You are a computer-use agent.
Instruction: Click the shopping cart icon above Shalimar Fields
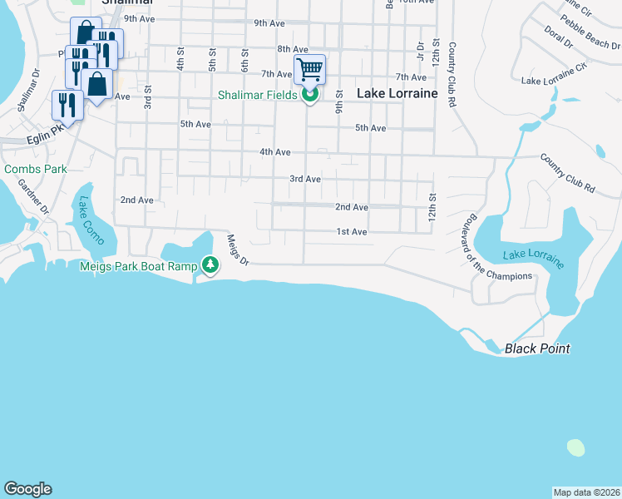pyautogui.click(x=309, y=69)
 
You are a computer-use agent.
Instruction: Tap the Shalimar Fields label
pyautogui.click(x=257, y=95)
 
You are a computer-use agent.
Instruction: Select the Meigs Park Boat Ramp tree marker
pyautogui.click(x=211, y=265)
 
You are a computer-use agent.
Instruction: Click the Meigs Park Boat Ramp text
pyautogui.click(x=138, y=266)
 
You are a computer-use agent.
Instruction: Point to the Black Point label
pyautogui.click(x=537, y=348)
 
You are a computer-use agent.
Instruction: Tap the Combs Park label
pyautogui.click(x=35, y=169)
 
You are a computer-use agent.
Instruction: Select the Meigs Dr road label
pyautogui.click(x=238, y=249)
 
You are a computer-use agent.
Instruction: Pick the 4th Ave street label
pyautogui.click(x=274, y=152)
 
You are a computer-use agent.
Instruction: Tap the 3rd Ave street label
pyautogui.click(x=304, y=179)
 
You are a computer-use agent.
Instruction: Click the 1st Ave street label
pyautogui.click(x=352, y=232)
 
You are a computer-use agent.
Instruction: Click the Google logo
pyautogui.click(x=27, y=489)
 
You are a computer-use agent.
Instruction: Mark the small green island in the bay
pyautogui.click(x=575, y=447)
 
